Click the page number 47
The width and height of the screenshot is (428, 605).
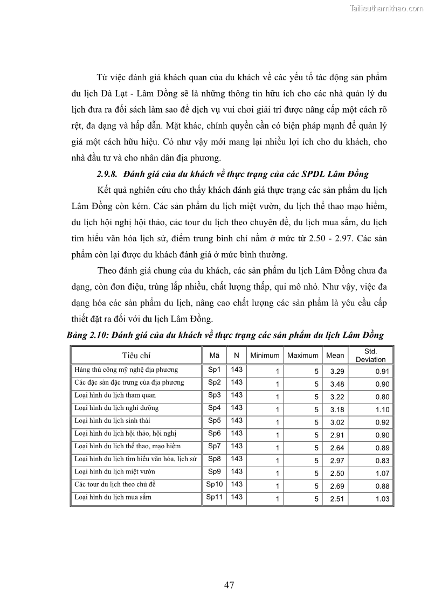pyautogui.click(x=229, y=586)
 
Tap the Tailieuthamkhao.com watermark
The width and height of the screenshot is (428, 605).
pyautogui.click(x=386, y=8)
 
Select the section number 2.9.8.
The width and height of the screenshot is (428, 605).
pyautogui.click(x=108, y=173)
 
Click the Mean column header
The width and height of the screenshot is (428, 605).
pyautogui.click(x=335, y=356)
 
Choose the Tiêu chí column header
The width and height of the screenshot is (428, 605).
pyautogui.click(x=136, y=356)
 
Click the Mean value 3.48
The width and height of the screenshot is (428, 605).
pyautogui.click(x=336, y=384)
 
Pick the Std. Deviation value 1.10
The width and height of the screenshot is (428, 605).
pyautogui.click(x=382, y=410)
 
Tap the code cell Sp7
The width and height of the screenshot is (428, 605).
pyautogui.click(x=215, y=446)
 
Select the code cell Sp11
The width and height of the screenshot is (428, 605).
pyautogui.click(x=215, y=497)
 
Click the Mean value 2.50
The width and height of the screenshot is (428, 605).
pyautogui.click(x=336, y=474)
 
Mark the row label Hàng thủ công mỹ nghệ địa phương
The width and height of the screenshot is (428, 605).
pyautogui.click(x=126, y=370)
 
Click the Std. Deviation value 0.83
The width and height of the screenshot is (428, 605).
pyautogui.click(x=382, y=461)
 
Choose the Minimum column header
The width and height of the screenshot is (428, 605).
pyautogui.click(x=264, y=356)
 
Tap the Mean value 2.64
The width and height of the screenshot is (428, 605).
pyautogui.click(x=336, y=448)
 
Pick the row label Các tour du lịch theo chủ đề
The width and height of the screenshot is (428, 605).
pyautogui.click(x=115, y=484)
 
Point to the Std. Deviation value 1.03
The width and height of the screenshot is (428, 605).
pyautogui.click(x=382, y=499)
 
